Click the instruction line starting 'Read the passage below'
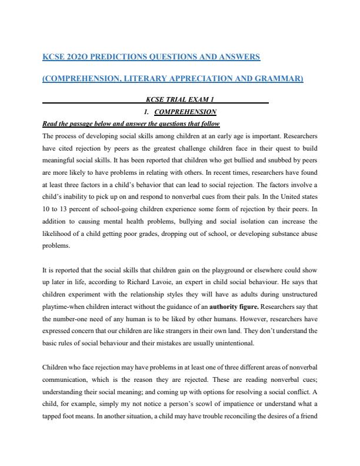[x=131, y=124]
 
